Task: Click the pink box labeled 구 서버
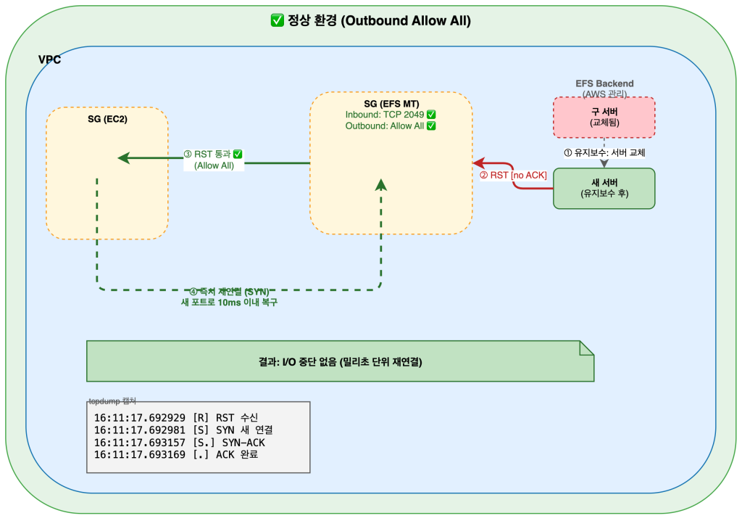tap(604, 117)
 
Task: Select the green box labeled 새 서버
tap(604, 188)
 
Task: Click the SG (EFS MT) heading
tap(391, 104)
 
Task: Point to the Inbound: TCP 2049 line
tap(391, 115)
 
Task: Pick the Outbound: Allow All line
tap(391, 126)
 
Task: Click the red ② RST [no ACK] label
tap(513, 175)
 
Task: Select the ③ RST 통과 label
tap(213, 155)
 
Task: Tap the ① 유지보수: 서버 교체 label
tap(604, 153)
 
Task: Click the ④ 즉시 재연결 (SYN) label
tap(229, 292)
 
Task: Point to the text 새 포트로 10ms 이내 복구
tap(229, 303)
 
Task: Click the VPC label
tap(49, 60)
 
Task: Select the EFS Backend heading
tap(604, 83)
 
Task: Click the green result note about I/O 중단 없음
tap(340, 361)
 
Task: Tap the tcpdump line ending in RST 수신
tap(180, 418)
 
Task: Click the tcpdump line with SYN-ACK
tap(185, 443)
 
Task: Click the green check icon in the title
tap(276, 21)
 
